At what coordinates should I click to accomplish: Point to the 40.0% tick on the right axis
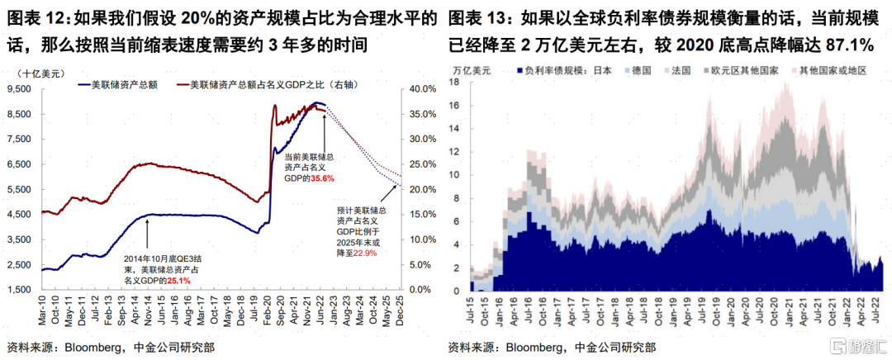[x=426, y=88]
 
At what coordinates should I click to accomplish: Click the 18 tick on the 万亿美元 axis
[x=453, y=82]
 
